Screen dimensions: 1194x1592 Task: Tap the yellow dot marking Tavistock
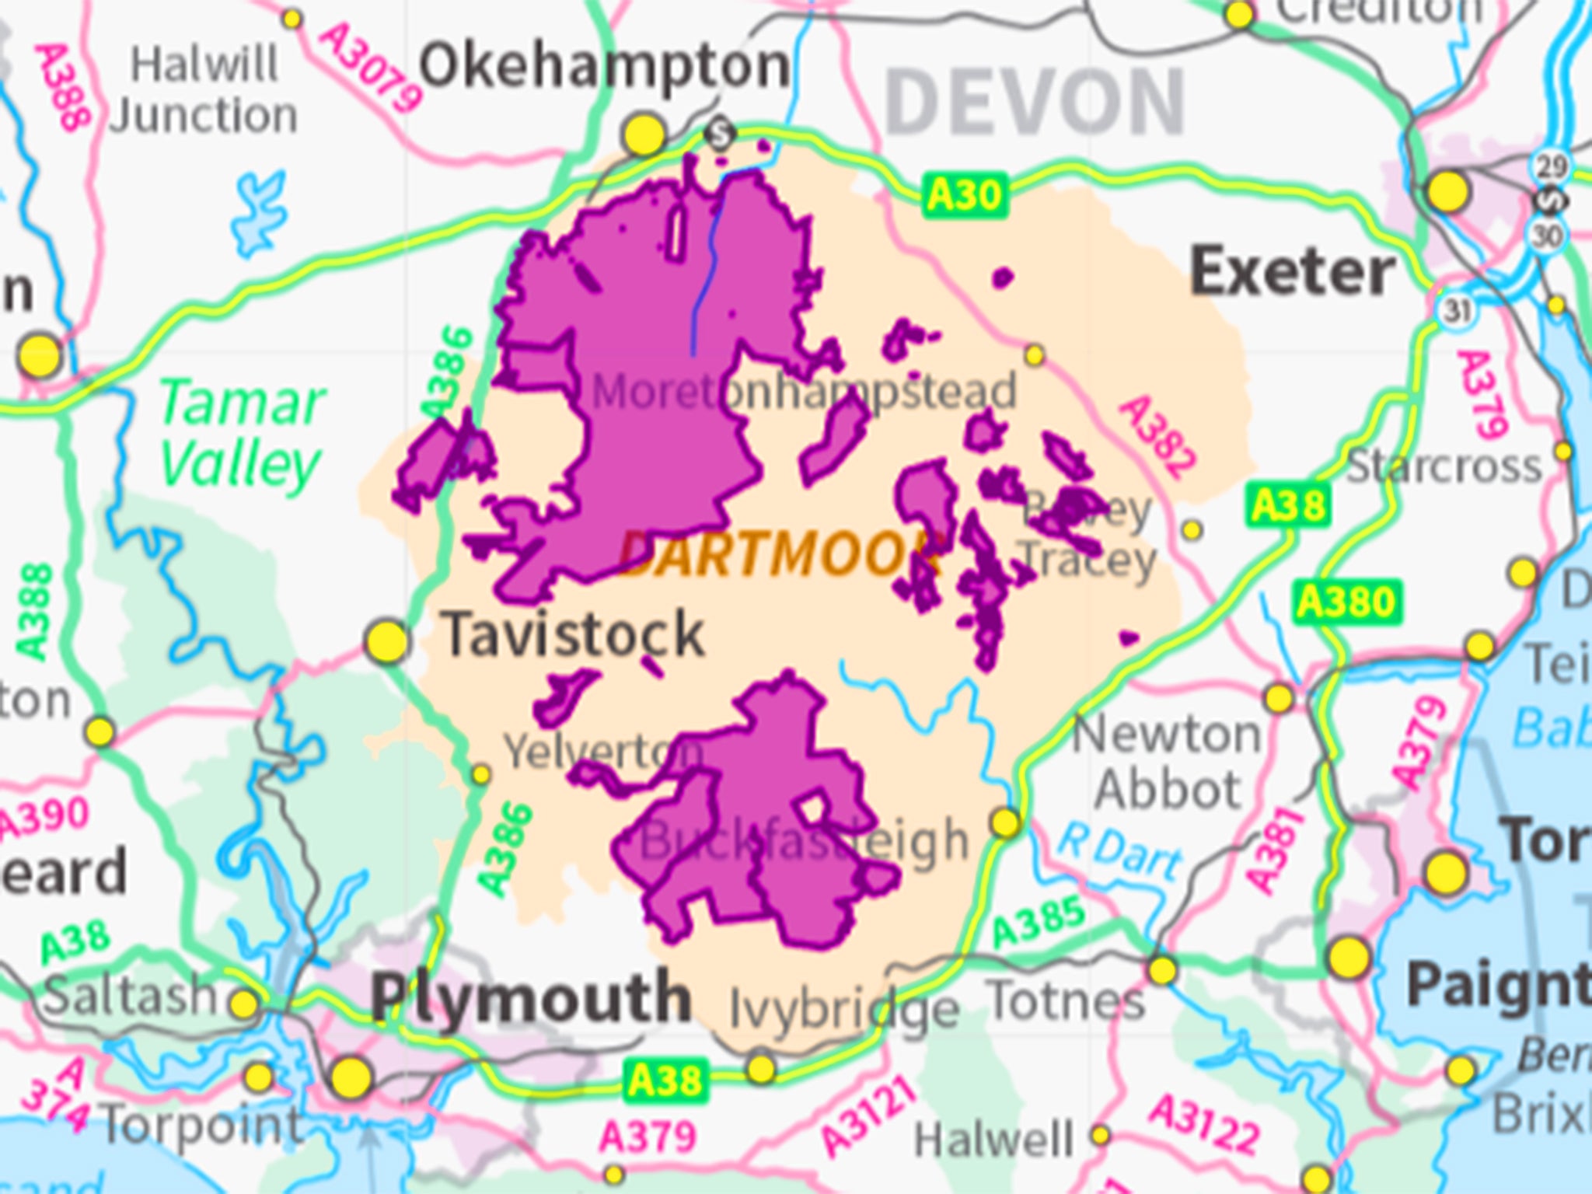386,641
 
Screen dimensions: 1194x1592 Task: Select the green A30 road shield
965,195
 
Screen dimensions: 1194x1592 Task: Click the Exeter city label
1293,273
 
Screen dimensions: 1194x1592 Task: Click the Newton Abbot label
1166,762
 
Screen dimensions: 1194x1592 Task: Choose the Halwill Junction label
204,90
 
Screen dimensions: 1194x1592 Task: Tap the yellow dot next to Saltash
243,1004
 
